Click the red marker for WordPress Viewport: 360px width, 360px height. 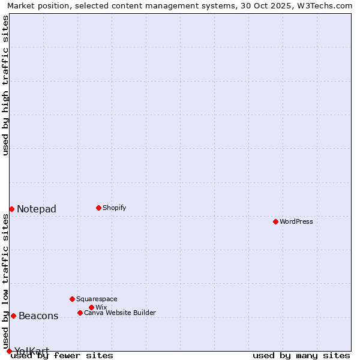[275, 221]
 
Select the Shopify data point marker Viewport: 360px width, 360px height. [98, 208]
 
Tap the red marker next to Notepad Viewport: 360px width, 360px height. [11, 209]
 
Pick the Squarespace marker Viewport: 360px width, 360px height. [72, 299]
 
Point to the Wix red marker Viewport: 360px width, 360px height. [91, 307]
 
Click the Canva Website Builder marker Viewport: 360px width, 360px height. [80, 313]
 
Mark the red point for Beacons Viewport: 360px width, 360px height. [13, 316]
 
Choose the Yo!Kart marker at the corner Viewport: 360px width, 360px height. [9, 351]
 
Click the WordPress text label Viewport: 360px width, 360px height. [296, 221]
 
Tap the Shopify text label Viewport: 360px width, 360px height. [115, 208]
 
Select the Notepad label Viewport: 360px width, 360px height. [37, 209]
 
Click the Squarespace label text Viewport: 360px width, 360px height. [97, 299]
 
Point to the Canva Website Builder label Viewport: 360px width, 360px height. [120, 313]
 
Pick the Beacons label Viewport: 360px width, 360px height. [38, 316]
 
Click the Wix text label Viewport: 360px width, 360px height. [101, 307]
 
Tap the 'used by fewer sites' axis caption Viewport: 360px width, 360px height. [62, 355]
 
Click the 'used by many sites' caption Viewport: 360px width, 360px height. [301, 355]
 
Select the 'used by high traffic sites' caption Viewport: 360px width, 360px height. [5, 85]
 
